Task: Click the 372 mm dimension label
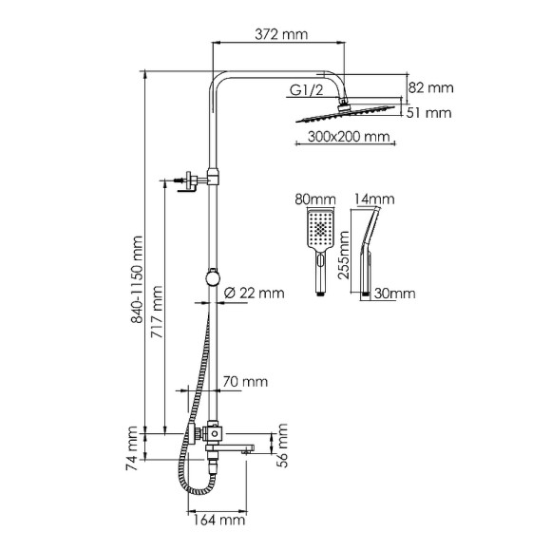pos(282,35)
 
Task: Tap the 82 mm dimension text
pos(430,87)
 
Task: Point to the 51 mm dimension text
pos(430,113)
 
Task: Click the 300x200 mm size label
pos(351,138)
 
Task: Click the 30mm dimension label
pos(392,294)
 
